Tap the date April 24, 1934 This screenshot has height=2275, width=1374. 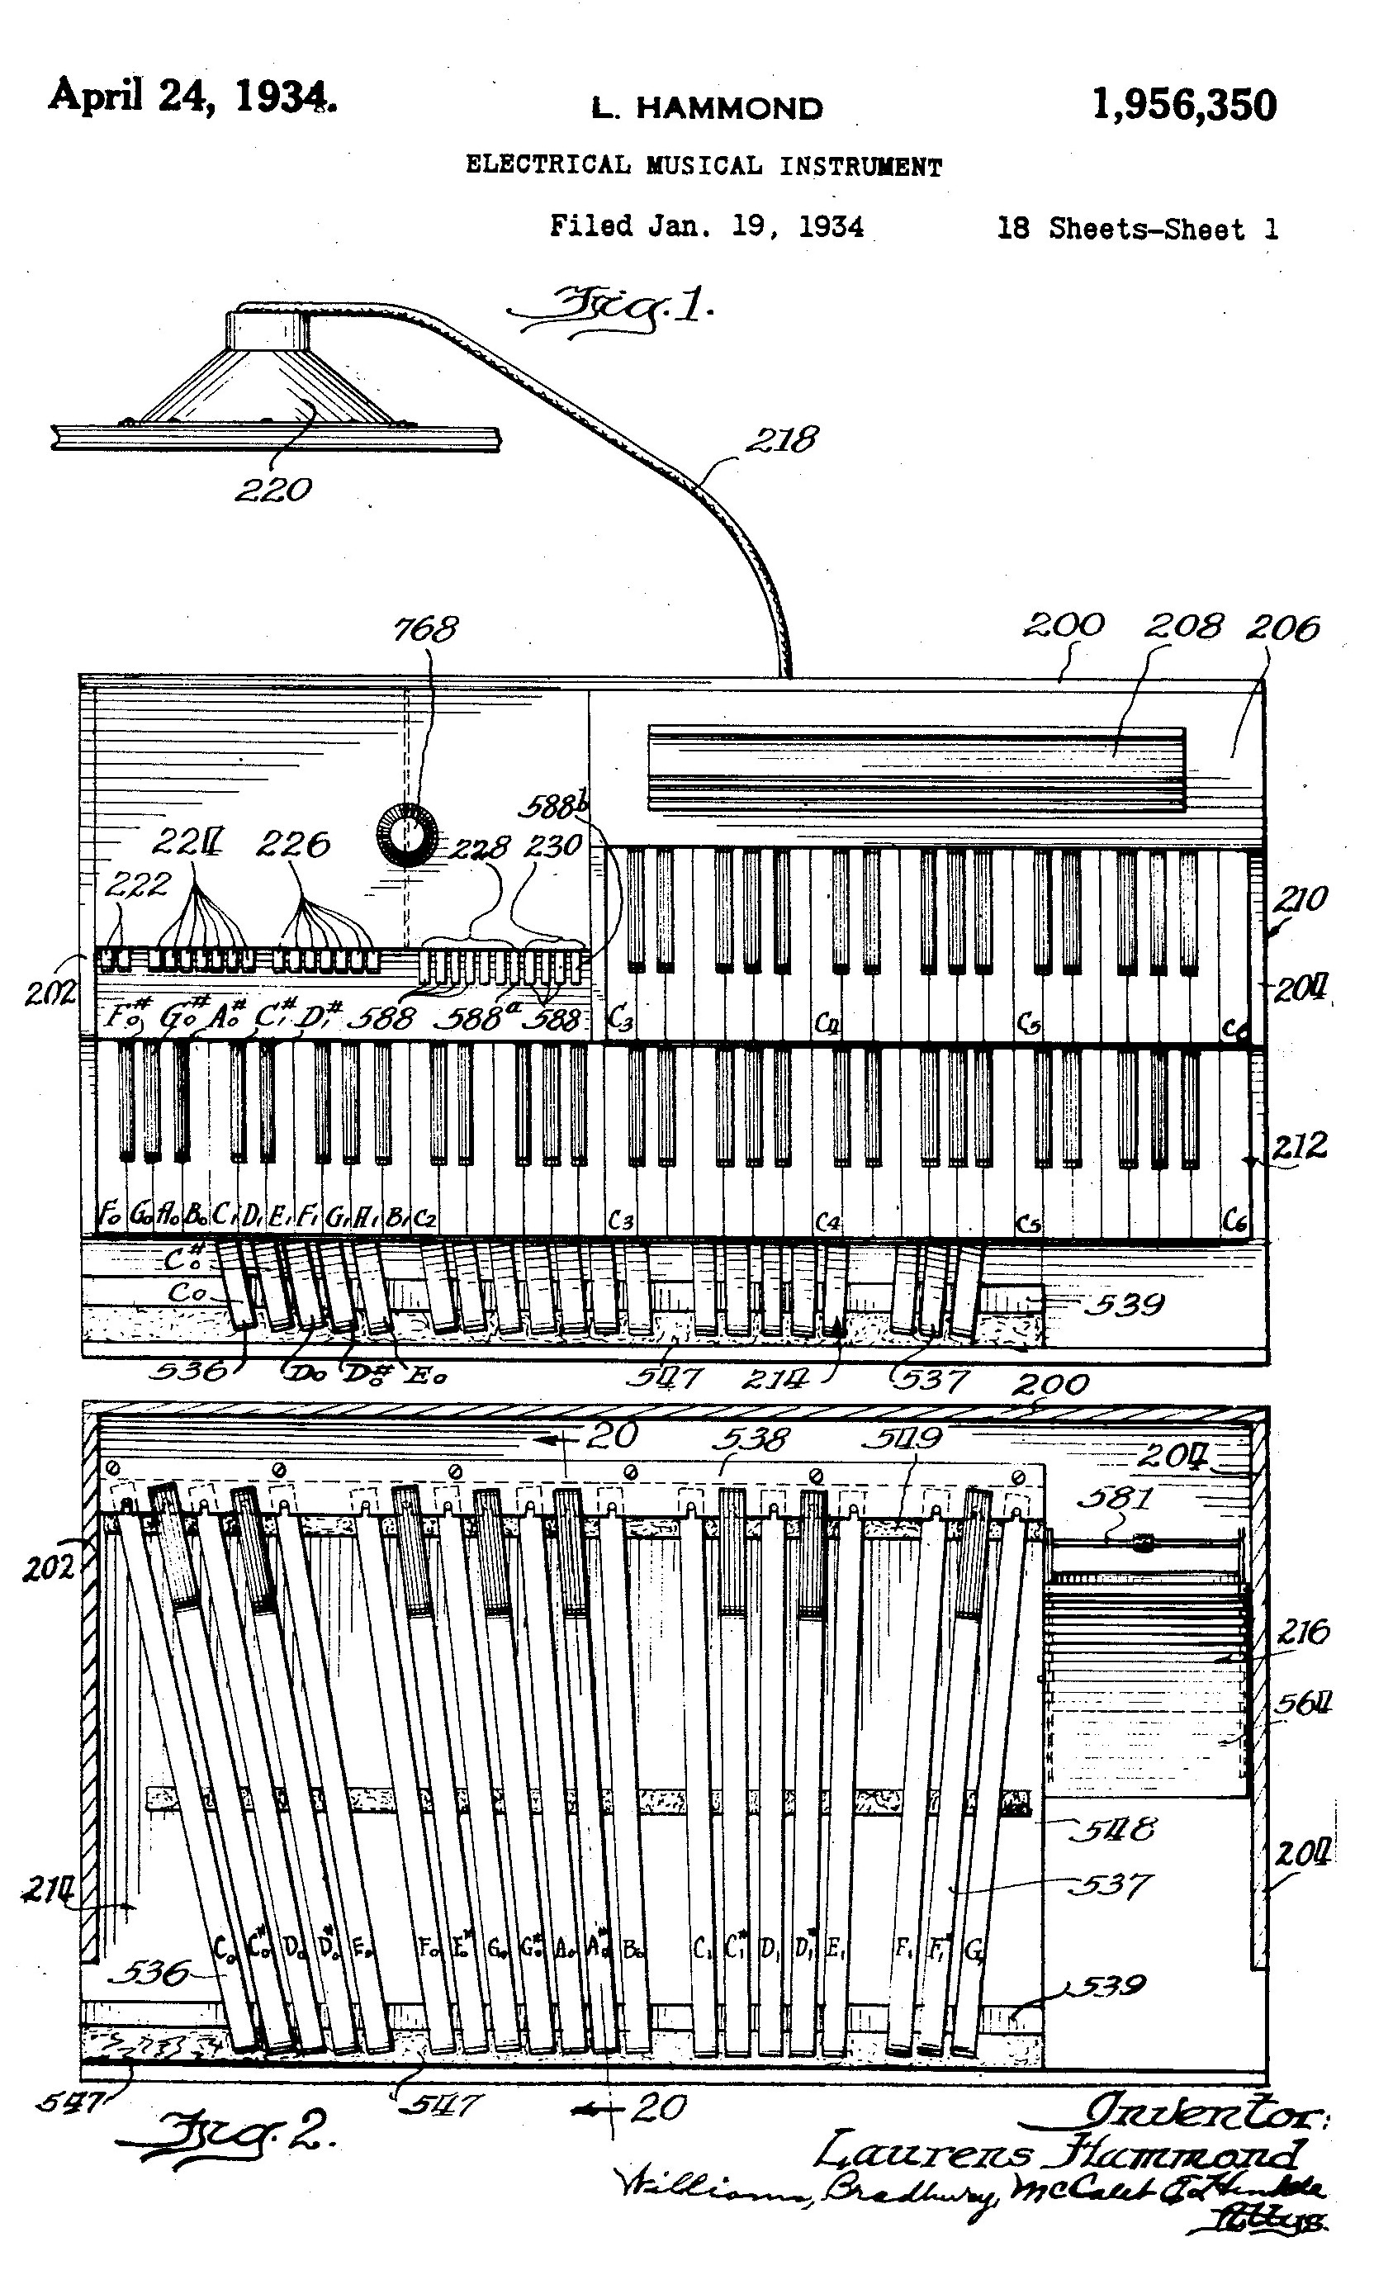coord(192,95)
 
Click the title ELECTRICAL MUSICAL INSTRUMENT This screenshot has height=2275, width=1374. coord(704,166)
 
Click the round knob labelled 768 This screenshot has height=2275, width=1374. coord(405,835)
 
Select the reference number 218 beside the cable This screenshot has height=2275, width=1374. coord(781,439)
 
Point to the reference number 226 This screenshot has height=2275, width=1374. coord(292,844)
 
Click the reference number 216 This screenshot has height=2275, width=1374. coord(1303,1633)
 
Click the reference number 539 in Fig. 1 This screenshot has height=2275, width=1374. coord(1123,1305)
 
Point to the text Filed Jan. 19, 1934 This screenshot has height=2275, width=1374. coord(706,226)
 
